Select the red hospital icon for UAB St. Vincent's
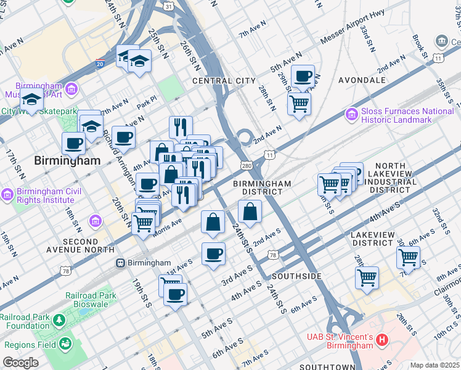(382, 340)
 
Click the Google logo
(20, 363)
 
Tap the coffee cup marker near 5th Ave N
(303, 76)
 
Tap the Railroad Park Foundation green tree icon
(59, 321)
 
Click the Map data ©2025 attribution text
(434, 365)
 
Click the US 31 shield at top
(168, 6)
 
